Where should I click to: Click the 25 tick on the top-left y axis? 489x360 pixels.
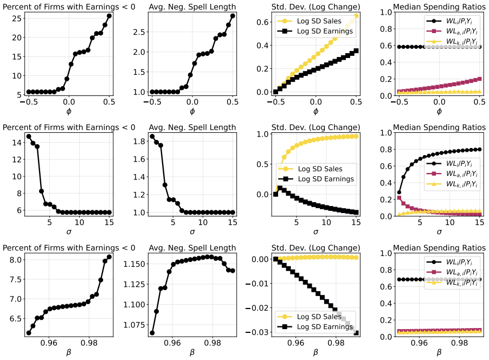click(17, 18)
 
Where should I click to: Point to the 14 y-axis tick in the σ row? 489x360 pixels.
click(17, 143)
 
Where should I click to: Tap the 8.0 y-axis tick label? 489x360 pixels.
click(15, 260)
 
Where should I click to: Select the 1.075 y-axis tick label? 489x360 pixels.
click(134, 325)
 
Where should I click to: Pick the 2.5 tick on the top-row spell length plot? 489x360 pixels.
click(139, 32)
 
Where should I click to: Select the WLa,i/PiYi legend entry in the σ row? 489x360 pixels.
click(452, 173)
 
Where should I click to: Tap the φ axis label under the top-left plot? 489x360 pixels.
click(69, 111)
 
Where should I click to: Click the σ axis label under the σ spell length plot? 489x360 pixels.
click(192, 232)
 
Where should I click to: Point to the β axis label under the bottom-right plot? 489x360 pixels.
click(439, 352)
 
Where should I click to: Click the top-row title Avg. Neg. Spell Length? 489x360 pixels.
click(192, 7)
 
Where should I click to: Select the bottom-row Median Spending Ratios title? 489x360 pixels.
click(439, 248)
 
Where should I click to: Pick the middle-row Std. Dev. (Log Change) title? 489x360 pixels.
click(316, 127)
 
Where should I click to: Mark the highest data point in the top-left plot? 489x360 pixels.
click(109, 16)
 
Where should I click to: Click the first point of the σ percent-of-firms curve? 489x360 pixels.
click(29, 136)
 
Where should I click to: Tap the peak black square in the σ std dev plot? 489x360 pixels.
click(280, 188)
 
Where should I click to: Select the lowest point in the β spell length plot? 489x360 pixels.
click(152, 333)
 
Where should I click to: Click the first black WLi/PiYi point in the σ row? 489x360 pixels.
click(399, 192)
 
